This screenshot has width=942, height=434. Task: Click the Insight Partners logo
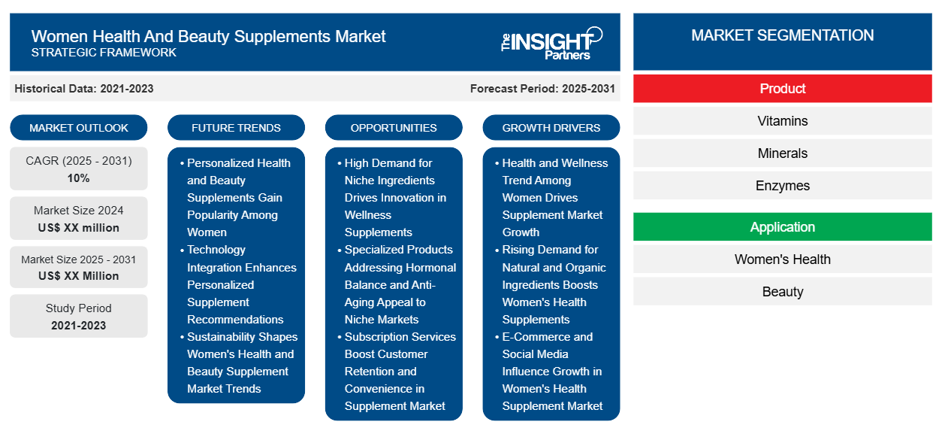(x=551, y=43)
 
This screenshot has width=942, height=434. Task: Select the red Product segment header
(x=782, y=89)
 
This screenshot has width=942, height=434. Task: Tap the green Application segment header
(x=782, y=227)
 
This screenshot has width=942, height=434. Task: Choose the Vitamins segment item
(x=782, y=121)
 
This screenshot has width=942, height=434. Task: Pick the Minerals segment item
(x=782, y=153)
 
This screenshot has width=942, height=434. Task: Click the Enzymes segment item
(x=782, y=186)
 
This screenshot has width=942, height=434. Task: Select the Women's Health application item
(x=782, y=259)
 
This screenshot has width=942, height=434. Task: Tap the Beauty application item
(x=782, y=292)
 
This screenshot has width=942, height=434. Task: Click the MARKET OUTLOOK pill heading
(x=79, y=128)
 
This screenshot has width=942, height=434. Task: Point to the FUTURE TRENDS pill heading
(x=236, y=128)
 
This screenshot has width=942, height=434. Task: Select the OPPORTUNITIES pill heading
(x=394, y=128)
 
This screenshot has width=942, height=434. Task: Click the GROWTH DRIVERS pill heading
(x=551, y=128)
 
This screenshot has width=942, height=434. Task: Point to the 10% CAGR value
(x=79, y=178)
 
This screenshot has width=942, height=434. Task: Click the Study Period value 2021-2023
(x=79, y=326)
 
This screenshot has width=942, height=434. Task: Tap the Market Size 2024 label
(x=79, y=211)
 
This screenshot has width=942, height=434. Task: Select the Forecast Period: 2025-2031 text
(x=542, y=89)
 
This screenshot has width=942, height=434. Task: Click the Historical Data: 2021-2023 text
(x=84, y=89)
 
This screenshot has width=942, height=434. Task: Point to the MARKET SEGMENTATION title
(x=782, y=35)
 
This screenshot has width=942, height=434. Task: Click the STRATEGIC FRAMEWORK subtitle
(x=104, y=53)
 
